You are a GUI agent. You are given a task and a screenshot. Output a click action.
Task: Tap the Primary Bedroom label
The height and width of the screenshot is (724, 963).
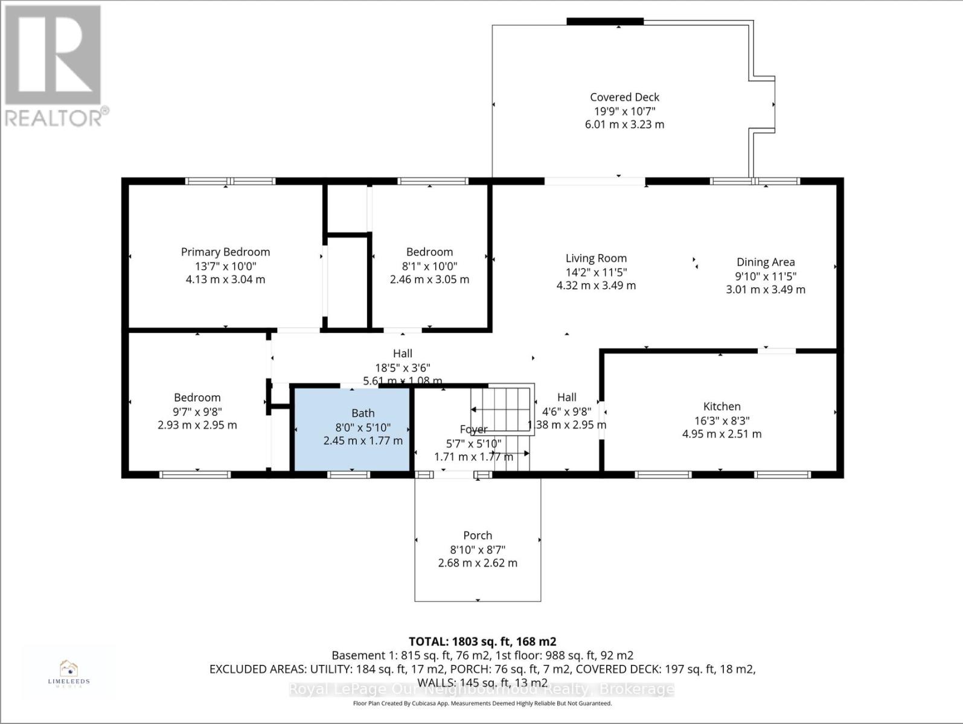pos(225,252)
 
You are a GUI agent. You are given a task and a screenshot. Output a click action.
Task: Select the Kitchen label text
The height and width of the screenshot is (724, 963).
pos(721,407)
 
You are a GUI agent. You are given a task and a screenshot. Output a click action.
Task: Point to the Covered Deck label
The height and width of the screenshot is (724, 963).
pos(624,97)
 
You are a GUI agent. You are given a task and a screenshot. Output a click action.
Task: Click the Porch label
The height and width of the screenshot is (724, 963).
pos(478,536)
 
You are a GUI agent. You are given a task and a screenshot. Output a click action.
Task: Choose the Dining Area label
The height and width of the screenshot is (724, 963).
pos(765,262)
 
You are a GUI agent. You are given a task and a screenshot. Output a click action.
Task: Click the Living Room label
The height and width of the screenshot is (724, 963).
pos(596,258)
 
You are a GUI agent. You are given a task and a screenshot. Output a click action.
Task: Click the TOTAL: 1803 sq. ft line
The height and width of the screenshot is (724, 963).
pos(482,641)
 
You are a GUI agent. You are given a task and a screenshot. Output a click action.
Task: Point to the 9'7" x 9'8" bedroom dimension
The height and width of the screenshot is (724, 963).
pos(197,411)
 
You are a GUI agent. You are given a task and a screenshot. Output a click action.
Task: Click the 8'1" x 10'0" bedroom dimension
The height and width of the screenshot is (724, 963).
pos(429,266)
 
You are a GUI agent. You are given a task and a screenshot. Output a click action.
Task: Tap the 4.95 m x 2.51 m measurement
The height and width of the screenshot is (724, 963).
pos(721,434)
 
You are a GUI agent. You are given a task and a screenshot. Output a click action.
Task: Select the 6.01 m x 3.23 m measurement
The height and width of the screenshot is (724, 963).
pos(624,124)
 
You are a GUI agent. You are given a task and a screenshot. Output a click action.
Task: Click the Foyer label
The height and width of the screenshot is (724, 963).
pos(473,430)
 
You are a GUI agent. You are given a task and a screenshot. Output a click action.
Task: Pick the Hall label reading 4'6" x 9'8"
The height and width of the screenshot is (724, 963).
pos(566,411)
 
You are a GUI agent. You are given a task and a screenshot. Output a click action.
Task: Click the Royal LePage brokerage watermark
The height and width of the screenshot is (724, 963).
pos(482,689)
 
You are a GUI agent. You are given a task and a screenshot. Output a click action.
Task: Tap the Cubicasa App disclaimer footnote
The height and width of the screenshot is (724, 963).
pos(482,703)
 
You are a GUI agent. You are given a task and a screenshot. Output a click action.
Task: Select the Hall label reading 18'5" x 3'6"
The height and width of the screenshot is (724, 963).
pos(403,367)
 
